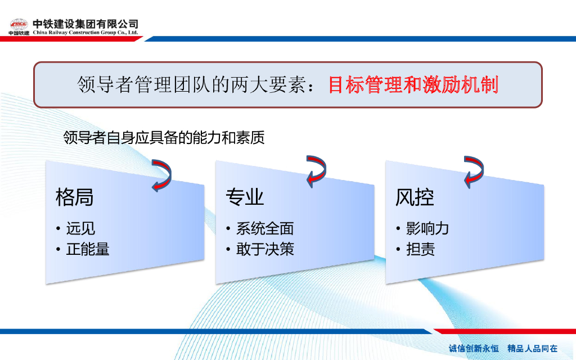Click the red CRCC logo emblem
[19, 25]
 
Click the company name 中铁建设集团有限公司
[85, 24]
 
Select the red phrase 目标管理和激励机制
[413, 84]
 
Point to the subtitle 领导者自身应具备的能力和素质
[164, 138]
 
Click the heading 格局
[75, 197]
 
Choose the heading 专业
[245, 197]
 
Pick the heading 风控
[415, 197]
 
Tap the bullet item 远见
[80, 228]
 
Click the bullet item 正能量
[88, 249]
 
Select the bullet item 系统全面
[265, 228]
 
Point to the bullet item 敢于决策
[265, 249]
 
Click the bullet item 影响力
[427, 228]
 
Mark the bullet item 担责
[421, 249]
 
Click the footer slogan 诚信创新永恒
[474, 348]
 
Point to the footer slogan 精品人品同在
[533, 348]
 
